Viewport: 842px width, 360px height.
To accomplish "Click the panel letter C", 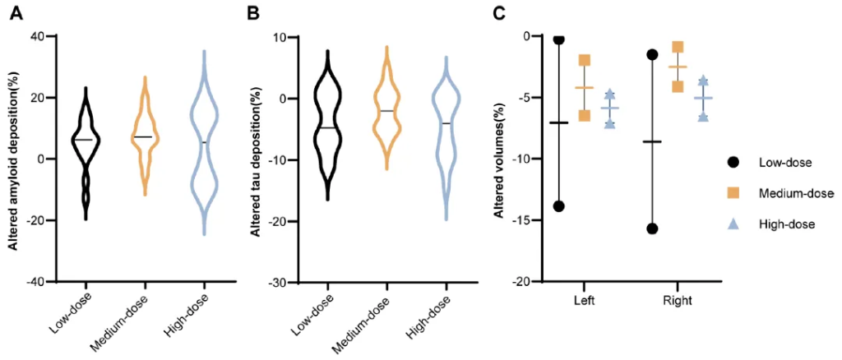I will click(498, 14).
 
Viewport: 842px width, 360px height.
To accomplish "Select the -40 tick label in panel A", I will click(35, 282).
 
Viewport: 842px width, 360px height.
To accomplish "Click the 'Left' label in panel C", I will click(585, 301).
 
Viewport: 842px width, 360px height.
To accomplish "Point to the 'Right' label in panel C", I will click(678, 301).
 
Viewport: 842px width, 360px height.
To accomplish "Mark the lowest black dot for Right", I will click(652, 228).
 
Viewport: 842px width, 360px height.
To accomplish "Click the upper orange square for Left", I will click(585, 60).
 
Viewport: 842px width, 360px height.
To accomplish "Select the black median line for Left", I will click(559, 122).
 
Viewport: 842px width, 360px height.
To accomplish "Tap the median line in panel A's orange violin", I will click(144, 136).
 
